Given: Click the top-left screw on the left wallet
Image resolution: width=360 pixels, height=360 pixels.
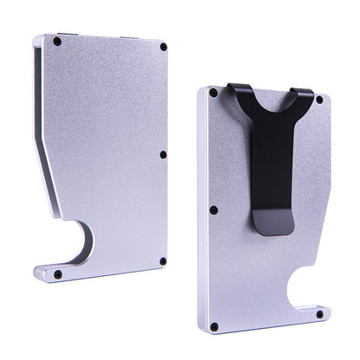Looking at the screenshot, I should click(x=57, y=42).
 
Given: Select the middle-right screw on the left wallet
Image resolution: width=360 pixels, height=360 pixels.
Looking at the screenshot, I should click(x=163, y=155).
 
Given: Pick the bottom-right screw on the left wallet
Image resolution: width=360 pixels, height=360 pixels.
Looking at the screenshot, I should click(x=162, y=260).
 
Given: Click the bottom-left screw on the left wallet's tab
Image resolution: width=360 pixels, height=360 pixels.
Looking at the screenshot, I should click(x=58, y=273).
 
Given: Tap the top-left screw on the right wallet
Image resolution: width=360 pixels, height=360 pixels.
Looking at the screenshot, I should click(x=213, y=91).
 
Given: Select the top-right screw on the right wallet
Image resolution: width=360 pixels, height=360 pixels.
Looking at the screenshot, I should click(x=318, y=100).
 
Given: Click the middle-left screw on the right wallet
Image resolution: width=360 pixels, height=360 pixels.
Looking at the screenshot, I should click(x=213, y=209).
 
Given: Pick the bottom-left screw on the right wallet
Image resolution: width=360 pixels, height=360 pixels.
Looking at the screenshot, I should click(x=214, y=326).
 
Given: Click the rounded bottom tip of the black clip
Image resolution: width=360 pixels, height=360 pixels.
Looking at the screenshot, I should click(x=276, y=228).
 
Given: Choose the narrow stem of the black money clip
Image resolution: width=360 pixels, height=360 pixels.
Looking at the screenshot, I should click(x=274, y=182).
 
